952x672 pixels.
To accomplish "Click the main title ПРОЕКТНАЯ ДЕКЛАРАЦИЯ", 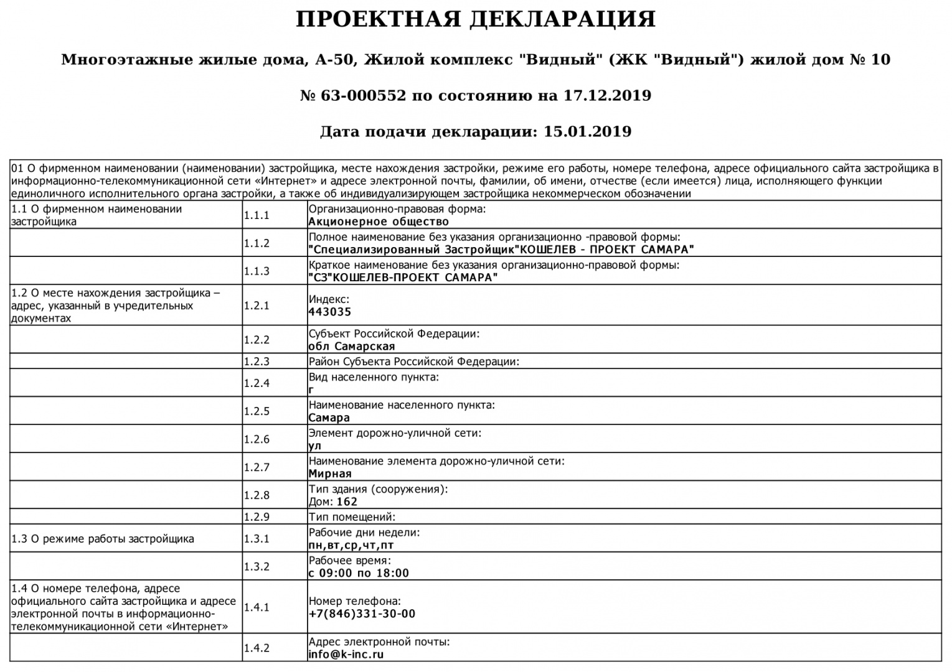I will click(476, 20).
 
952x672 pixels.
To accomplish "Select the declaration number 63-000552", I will click(364, 96).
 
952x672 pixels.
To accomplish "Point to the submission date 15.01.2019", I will click(587, 132).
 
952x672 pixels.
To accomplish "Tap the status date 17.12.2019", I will click(607, 96).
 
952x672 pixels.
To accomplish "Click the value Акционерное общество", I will click(379, 222).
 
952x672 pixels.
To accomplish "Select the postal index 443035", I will click(330, 312).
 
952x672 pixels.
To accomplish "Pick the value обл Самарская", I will click(352, 347).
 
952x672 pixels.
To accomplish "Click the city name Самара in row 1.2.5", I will click(329, 418).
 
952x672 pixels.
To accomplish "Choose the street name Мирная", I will click(330, 474).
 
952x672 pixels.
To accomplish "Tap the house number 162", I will click(347, 502).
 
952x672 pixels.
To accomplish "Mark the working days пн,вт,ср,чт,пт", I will click(351, 546).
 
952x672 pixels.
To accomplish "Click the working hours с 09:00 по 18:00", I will click(359, 574).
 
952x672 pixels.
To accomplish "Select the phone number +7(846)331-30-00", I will click(362, 614).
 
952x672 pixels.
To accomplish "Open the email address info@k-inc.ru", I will click(346, 655).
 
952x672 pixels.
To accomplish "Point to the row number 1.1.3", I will click(257, 271).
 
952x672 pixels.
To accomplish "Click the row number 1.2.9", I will click(257, 517).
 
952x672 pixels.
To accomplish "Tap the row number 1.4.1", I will click(257, 607).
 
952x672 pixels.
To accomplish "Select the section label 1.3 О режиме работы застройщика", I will click(103, 539).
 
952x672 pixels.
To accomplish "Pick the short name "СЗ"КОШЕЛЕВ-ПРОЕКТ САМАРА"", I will click(403, 278).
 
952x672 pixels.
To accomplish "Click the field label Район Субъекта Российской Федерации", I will click(413, 362).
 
